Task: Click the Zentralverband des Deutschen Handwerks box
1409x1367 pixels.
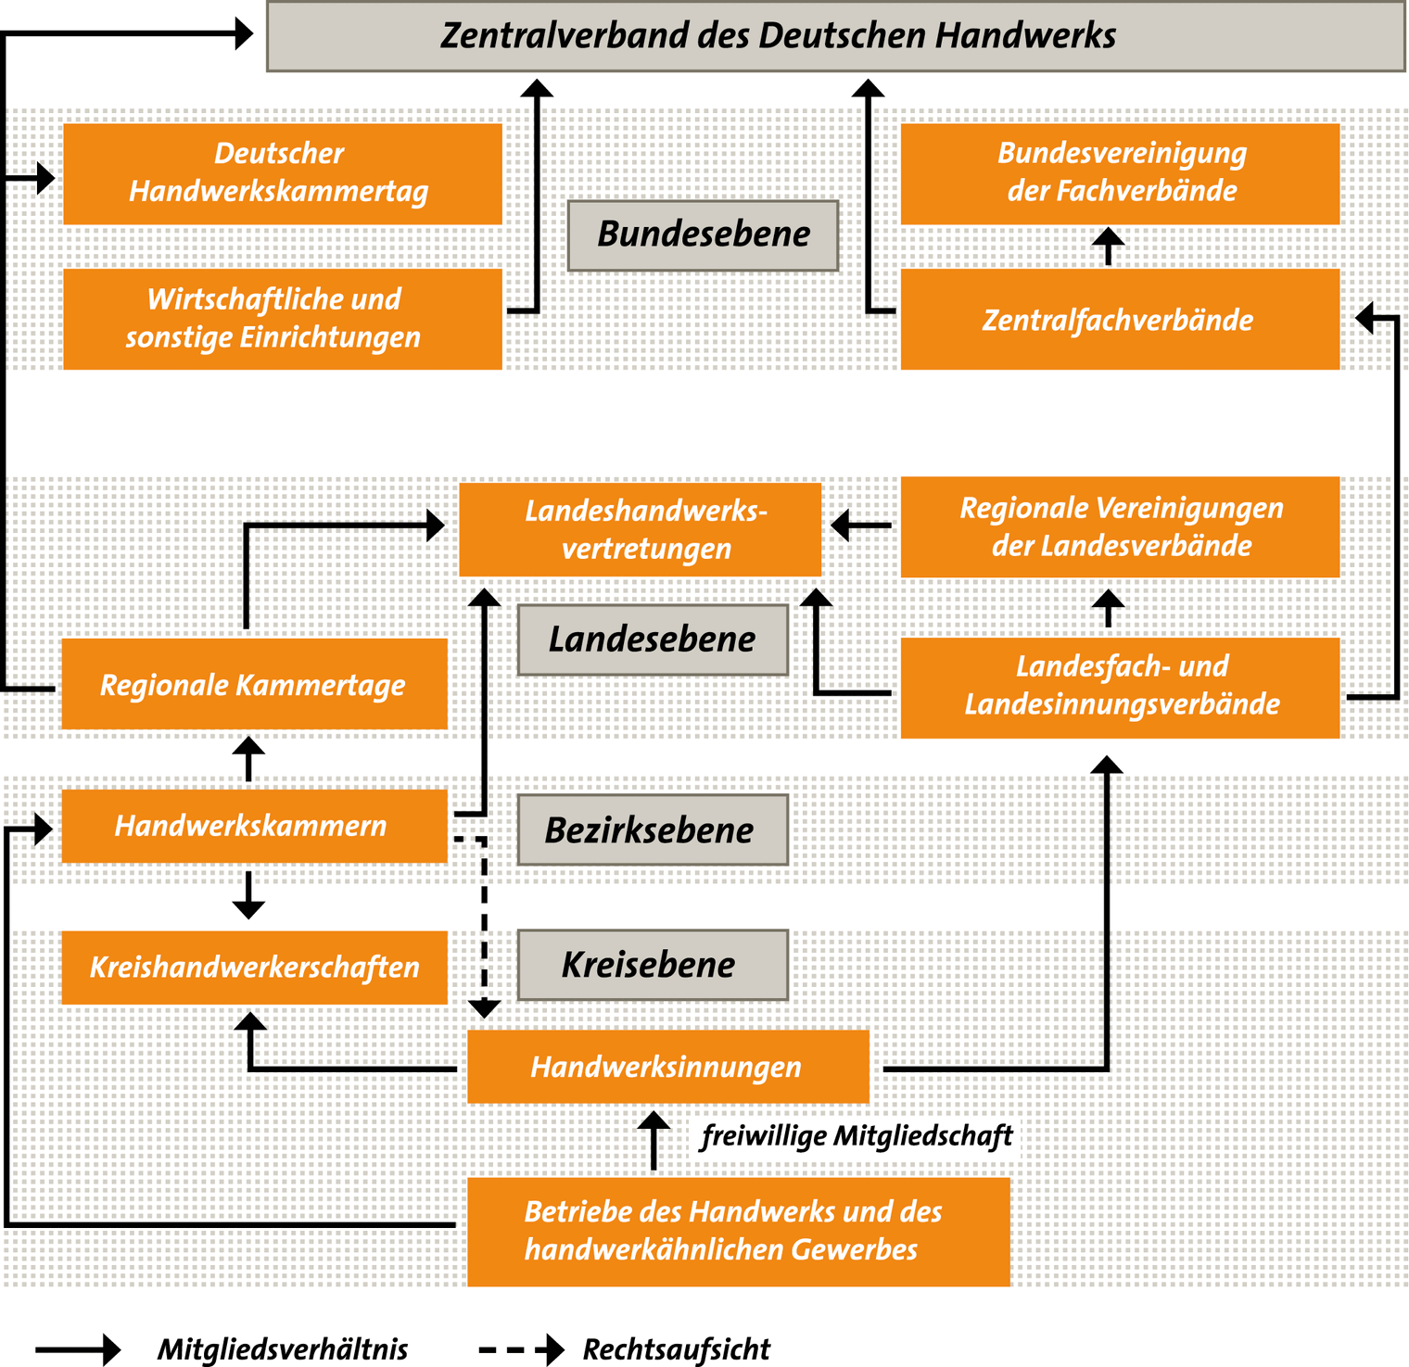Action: pos(835,36)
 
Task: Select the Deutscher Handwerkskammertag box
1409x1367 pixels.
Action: pos(283,174)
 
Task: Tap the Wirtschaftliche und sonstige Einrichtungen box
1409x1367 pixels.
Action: pos(283,319)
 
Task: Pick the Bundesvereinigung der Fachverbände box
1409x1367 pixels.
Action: pos(1120,174)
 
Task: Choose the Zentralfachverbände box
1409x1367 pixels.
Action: pos(1120,319)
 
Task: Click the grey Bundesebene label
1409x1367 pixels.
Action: pos(704,235)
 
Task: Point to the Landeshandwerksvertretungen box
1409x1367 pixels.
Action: pos(641,530)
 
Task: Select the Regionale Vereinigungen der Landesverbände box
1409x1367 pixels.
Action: pos(1120,527)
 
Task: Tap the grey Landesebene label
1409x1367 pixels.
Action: pos(653,639)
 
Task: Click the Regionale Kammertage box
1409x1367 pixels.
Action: pos(255,684)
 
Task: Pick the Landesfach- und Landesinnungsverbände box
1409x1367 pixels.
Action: pos(1120,688)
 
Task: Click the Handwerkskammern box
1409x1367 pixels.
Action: pos(255,826)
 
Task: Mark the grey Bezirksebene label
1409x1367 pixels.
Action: pos(653,829)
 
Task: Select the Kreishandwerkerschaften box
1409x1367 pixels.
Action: pos(255,968)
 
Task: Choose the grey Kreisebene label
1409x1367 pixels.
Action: pos(653,965)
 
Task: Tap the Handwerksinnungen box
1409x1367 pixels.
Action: pos(668,1067)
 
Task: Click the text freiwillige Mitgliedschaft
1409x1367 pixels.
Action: pos(857,1136)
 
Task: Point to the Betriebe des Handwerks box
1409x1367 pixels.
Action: pos(739,1232)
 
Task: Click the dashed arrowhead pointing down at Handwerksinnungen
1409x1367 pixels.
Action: pos(485,1008)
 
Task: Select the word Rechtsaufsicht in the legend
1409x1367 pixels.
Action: pos(676,1349)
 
